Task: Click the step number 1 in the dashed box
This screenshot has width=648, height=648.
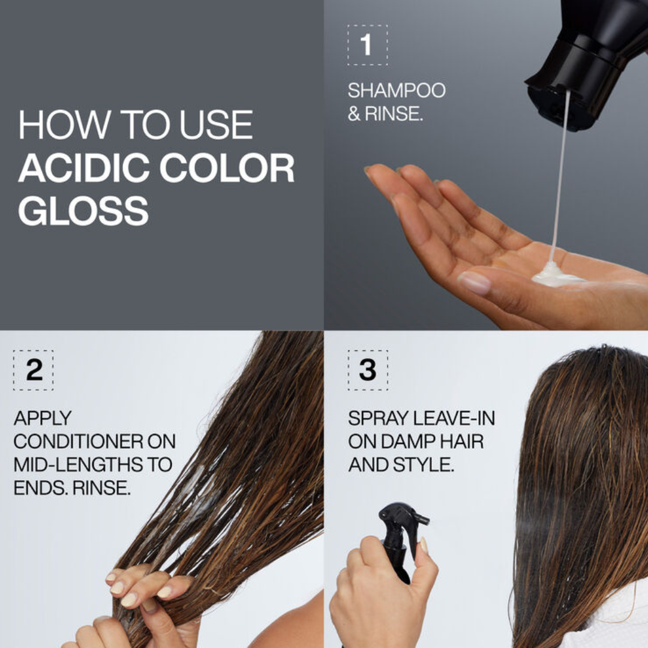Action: pyautogui.click(x=367, y=44)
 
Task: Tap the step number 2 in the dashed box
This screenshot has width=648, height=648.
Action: pyautogui.click(x=34, y=370)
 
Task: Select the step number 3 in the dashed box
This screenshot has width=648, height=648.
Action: pyautogui.click(x=367, y=370)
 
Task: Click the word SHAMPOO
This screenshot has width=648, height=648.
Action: pyautogui.click(x=397, y=91)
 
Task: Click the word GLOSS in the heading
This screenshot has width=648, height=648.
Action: pyautogui.click(x=83, y=211)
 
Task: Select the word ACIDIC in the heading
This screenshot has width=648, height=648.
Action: pyautogui.click(x=84, y=168)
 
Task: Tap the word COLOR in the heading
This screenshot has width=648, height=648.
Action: pyautogui.click(x=227, y=168)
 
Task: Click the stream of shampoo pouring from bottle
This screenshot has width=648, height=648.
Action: pyautogui.click(x=561, y=173)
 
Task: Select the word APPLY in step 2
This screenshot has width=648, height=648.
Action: pyautogui.click(x=43, y=418)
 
